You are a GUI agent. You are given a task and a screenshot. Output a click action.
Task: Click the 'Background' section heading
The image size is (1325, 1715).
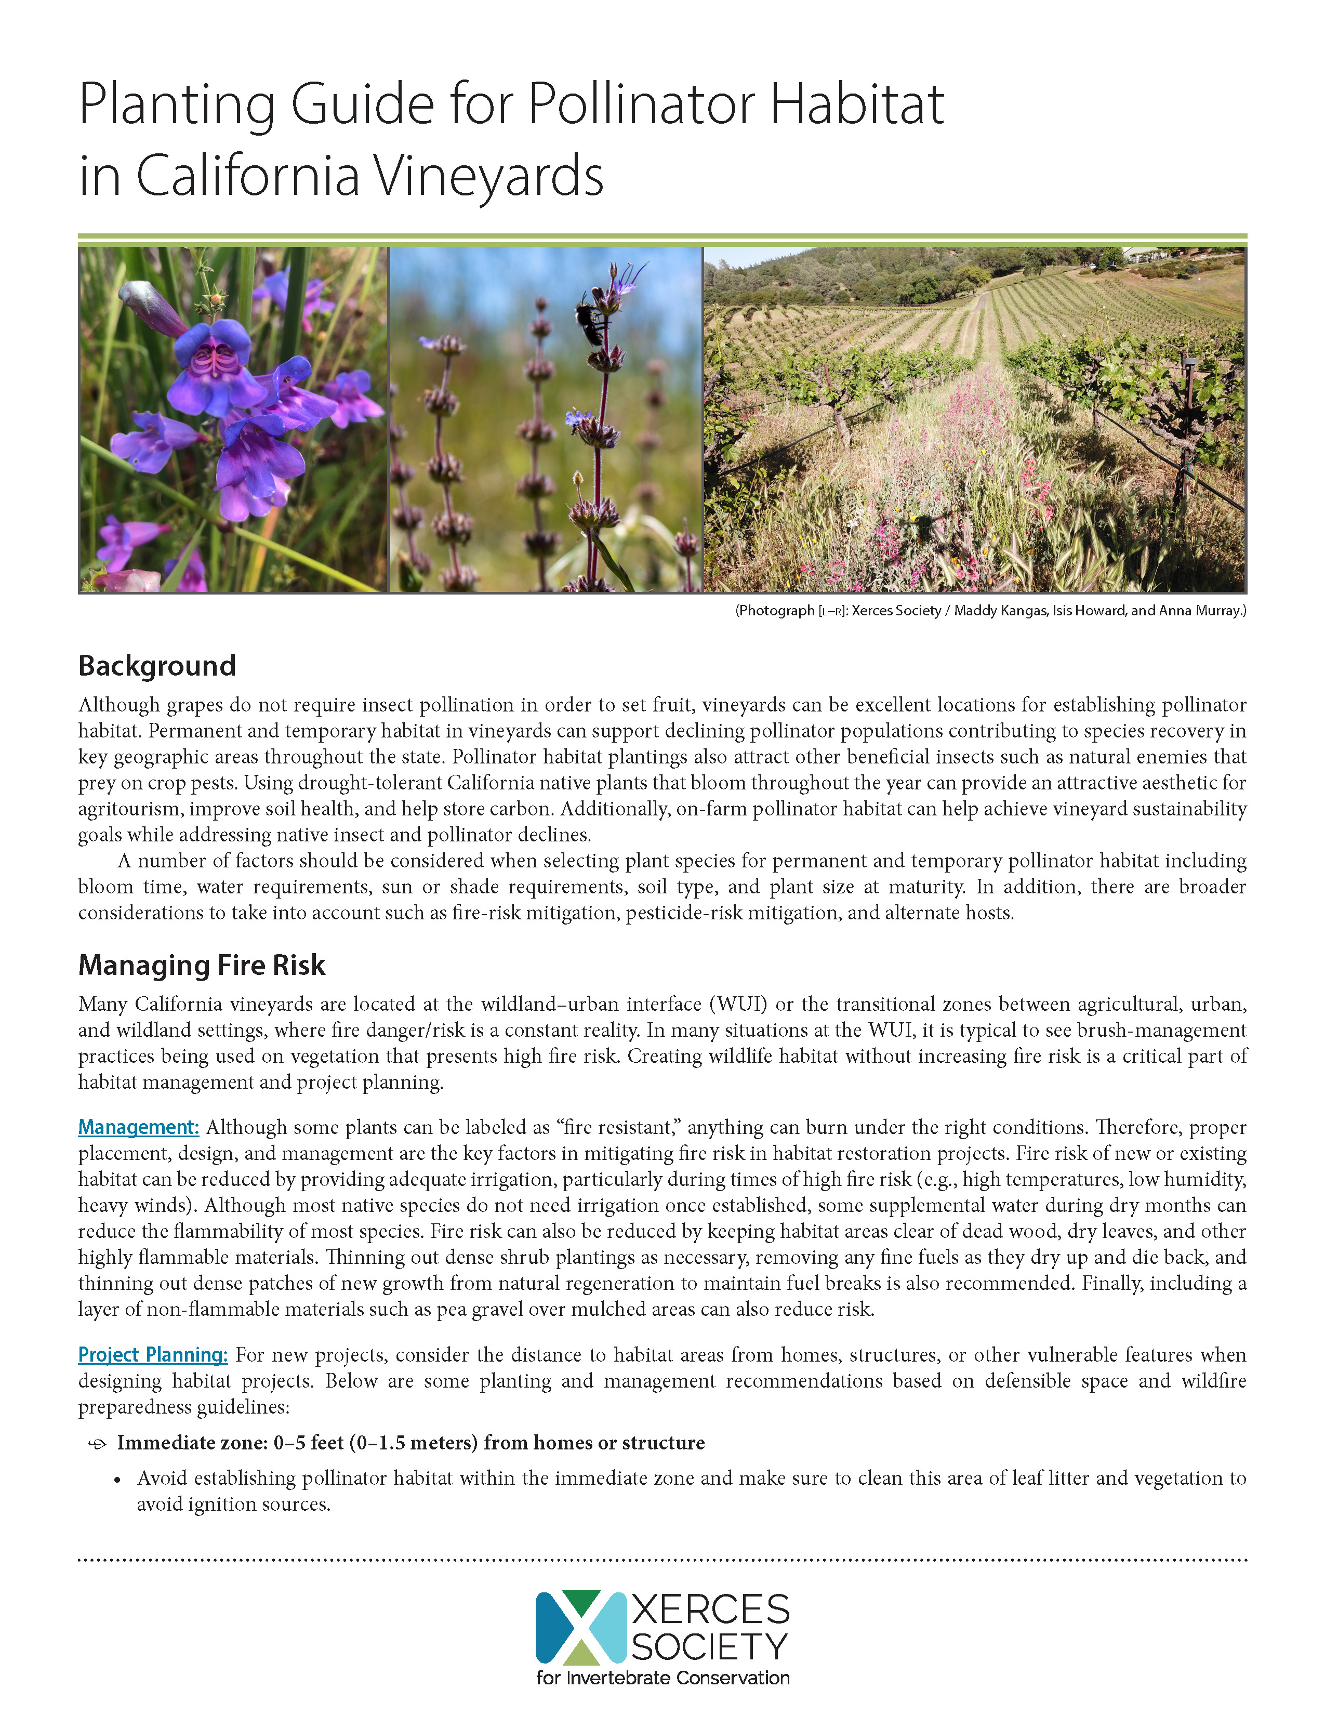point(157,666)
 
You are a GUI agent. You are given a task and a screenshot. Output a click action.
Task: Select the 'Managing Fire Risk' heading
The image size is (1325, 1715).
point(202,965)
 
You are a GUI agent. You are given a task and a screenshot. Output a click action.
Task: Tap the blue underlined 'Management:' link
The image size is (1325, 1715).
point(138,1128)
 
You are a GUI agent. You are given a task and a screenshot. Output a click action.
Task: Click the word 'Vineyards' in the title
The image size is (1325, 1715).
point(487,176)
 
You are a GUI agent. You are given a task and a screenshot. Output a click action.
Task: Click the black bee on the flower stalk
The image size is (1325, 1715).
point(590,323)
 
